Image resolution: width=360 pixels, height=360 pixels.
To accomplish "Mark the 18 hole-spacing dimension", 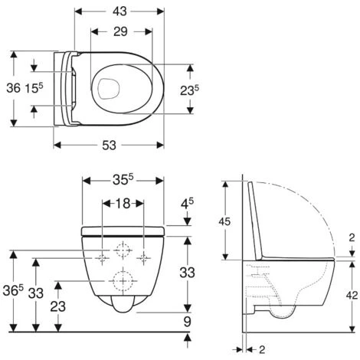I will coord(123,205).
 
